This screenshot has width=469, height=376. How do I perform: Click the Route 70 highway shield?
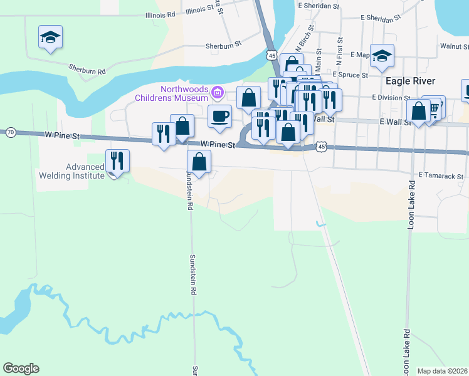[11, 132]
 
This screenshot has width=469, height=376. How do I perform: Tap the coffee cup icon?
[219, 117]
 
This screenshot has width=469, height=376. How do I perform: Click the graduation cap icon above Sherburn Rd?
[50, 37]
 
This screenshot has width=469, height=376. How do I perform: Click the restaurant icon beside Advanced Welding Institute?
[117, 161]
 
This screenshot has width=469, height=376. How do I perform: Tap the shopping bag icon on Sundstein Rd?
[199, 162]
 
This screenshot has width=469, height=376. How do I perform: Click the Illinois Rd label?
[159, 15]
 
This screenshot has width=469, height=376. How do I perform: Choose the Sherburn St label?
[223, 46]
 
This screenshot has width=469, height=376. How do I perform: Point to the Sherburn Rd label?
[87, 70]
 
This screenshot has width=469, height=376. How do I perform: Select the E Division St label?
[391, 98]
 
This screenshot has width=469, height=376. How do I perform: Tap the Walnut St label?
[454, 46]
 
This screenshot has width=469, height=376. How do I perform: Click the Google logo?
[21, 368]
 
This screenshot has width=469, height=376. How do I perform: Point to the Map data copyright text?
[442, 371]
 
